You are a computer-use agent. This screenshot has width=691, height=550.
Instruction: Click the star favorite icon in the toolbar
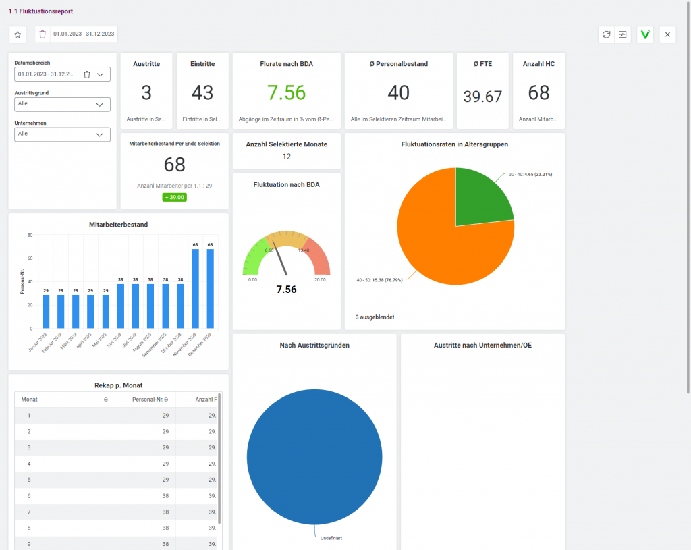18,34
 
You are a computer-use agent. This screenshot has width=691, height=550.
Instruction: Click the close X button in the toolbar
667,34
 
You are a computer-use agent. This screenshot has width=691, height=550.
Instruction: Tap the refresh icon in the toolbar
606,34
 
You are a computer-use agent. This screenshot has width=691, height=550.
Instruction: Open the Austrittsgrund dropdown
62,104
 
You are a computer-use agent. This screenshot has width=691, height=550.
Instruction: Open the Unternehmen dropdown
62,134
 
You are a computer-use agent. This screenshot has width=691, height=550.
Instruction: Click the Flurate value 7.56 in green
286,92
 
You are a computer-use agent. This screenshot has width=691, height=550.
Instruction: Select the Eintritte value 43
202,92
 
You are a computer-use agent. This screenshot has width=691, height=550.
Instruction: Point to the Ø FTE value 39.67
482,97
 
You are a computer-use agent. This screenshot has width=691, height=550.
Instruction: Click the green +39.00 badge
174,198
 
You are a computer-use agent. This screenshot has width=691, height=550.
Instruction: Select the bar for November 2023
195,288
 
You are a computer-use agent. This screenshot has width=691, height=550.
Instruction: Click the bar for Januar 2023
46,310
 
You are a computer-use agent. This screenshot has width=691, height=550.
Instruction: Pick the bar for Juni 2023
120,305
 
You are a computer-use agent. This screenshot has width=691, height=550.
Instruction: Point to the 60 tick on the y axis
30,258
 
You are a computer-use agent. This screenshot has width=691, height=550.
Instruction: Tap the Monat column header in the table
30,400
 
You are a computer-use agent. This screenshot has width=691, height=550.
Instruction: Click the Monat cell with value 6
29,495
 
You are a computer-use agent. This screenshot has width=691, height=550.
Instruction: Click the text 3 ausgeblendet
375,317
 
